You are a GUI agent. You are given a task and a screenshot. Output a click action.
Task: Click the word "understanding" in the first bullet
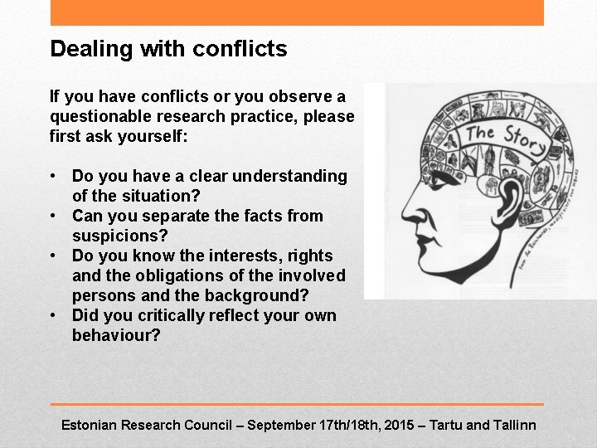click(x=289, y=176)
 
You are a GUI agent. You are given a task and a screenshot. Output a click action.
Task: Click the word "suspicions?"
click(x=120, y=236)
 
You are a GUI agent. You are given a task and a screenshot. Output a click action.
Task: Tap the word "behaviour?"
click(x=116, y=335)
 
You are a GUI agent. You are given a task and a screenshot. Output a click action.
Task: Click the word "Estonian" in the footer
click(x=90, y=425)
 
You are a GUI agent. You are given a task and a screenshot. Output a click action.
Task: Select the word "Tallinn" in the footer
click(x=515, y=425)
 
